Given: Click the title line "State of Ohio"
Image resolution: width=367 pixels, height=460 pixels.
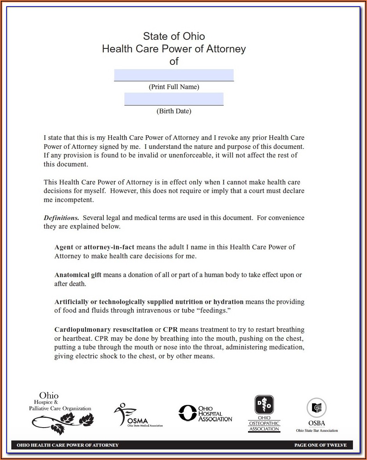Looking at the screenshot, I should pyautogui.click(x=174, y=36).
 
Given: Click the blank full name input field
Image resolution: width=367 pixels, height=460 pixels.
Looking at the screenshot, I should pyautogui.click(x=174, y=75).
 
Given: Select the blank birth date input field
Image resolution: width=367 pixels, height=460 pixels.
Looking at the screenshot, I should pyautogui.click(x=174, y=99).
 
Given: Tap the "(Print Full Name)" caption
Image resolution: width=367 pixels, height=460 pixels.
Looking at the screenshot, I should pyautogui.click(x=174, y=87).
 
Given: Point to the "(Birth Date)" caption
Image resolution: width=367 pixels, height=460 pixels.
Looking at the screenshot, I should pyautogui.click(x=174, y=111).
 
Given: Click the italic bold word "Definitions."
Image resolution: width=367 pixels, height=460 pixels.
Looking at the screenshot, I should pyautogui.click(x=61, y=218).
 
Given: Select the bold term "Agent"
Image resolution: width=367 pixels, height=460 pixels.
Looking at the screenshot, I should pyautogui.click(x=64, y=247).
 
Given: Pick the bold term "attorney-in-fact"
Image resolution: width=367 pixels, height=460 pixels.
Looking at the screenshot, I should pyautogui.click(x=109, y=247).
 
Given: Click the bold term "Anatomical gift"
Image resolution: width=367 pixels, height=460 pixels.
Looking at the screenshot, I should pyautogui.click(x=78, y=275).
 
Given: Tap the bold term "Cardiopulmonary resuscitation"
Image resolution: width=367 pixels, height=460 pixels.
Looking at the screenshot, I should pyautogui.click(x=104, y=329).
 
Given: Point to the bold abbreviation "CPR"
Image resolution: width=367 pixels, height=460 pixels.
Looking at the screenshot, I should pyautogui.click(x=170, y=329).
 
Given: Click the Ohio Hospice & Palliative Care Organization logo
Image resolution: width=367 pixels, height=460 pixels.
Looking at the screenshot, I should pyautogui.click(x=61, y=413).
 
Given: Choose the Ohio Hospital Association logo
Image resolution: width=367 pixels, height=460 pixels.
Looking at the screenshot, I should pyautogui.click(x=205, y=413).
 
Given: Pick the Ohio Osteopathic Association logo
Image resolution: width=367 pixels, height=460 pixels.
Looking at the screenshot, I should pyautogui.click(x=264, y=413).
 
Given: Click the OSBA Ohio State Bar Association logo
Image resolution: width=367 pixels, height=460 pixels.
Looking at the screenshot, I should pyautogui.click(x=317, y=415).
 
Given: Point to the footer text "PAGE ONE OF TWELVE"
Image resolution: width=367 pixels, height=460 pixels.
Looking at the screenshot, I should pyautogui.click(x=320, y=445).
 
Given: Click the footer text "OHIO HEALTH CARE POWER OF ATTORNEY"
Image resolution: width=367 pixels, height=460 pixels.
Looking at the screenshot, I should pyautogui.click(x=67, y=445).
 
